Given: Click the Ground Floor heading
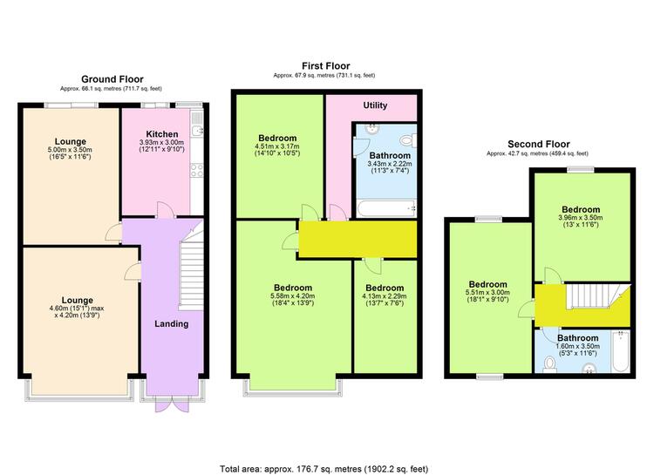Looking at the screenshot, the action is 112,79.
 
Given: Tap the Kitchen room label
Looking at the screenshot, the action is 162,134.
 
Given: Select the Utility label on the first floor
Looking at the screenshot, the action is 375,105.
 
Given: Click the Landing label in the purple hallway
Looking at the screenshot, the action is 172,324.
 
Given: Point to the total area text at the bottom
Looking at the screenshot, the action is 324,469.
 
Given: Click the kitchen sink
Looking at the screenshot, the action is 197,125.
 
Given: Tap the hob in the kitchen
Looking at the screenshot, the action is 197,170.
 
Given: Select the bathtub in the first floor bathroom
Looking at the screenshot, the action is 386,208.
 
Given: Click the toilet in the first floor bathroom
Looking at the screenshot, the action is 408,140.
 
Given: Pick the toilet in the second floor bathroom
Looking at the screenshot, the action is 550,364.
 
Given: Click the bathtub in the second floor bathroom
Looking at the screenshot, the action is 620,350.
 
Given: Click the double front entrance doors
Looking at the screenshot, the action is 172,404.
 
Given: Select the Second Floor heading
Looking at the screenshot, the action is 539,145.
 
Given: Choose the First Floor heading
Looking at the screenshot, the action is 326,66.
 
